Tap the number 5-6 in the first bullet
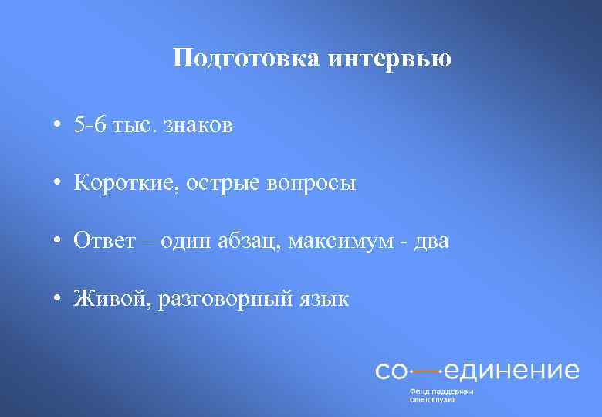click(x=92, y=125)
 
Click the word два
click(x=430, y=241)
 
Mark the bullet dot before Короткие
click(x=58, y=184)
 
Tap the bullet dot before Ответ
click(x=58, y=242)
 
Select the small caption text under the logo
click(x=441, y=395)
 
